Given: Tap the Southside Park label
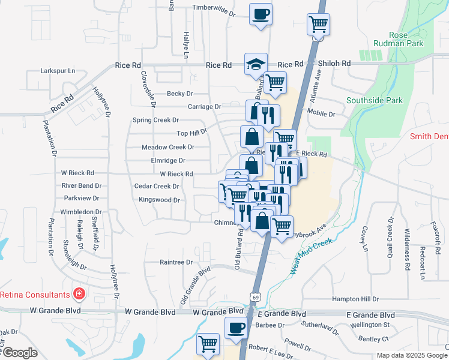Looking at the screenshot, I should (x=375, y=100).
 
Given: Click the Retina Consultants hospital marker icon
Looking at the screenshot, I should (x=79, y=294).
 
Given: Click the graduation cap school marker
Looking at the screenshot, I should (x=256, y=64).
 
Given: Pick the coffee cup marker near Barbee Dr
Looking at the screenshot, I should (x=236, y=328).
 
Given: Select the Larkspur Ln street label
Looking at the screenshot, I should (x=58, y=71).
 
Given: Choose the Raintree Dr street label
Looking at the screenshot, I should (x=176, y=262).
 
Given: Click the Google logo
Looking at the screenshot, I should (x=20, y=353).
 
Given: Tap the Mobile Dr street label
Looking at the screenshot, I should (x=321, y=113).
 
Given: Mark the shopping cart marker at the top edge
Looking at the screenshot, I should (x=318, y=25).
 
